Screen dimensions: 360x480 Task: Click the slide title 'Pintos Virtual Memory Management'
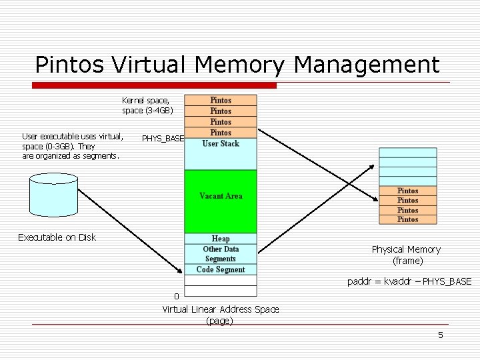237,65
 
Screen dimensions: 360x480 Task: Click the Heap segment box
221,239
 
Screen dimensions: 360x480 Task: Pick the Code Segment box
221,269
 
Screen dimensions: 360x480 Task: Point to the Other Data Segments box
221,254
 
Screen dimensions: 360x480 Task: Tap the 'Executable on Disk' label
57,237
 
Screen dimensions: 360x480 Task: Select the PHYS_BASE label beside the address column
163,139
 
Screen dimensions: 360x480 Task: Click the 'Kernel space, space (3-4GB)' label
147,105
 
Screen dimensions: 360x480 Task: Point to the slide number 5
440,335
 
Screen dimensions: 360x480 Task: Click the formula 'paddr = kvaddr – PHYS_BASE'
409,281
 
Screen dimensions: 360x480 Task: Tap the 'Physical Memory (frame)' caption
406,255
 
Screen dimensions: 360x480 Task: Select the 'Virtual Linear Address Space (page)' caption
221,315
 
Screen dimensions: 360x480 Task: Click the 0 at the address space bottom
176,296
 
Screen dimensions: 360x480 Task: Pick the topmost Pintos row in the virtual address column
221,100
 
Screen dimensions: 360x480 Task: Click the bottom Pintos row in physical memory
407,219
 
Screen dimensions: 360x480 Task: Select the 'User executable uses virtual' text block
72,146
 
